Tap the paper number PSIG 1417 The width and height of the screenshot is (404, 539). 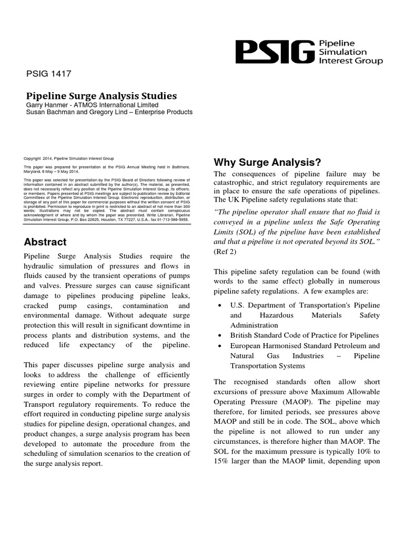[48, 74]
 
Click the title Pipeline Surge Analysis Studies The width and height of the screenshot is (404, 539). [102, 96]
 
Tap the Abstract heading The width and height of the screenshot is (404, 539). [45, 242]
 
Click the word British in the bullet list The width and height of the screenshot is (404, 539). [243, 335]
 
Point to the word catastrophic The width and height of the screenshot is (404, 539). [235, 184]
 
